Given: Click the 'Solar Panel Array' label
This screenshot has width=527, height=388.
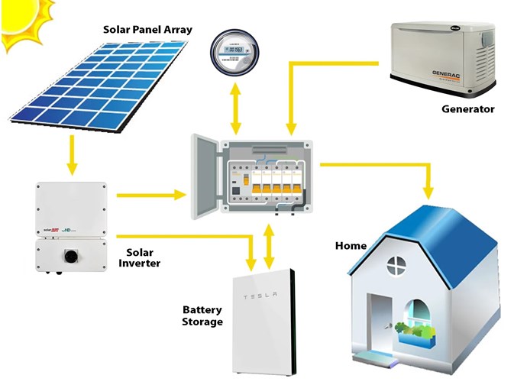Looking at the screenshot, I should (x=147, y=30).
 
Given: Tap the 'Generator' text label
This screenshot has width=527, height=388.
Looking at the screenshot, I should (x=467, y=109).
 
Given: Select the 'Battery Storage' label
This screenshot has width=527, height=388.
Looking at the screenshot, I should (x=202, y=315).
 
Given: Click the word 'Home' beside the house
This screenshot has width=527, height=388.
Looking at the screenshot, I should (x=351, y=246).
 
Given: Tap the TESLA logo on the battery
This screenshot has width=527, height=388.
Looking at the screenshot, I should (x=261, y=296).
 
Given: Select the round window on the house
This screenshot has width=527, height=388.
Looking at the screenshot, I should (x=396, y=266).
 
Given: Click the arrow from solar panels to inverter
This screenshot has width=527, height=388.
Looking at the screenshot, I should (x=72, y=156).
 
